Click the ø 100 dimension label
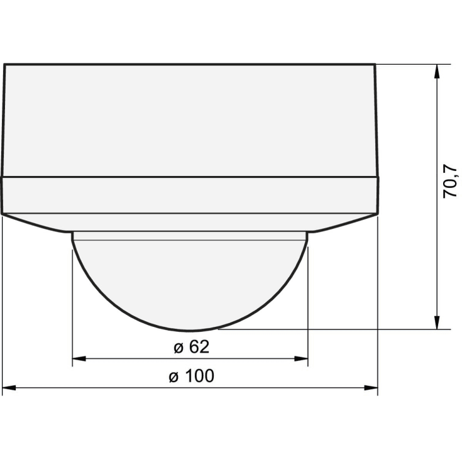pyautogui.click(x=191, y=376)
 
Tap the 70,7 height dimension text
pyautogui.click(x=449, y=181)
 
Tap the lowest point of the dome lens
pyautogui.click(x=190, y=329)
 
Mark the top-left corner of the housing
pyautogui.click(x=5, y=65)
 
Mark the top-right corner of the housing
pyautogui.click(x=375, y=65)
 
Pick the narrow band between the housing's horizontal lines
pyautogui.click(x=190, y=195)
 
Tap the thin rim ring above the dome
pyautogui.click(x=190, y=236)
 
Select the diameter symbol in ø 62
pyautogui.click(x=177, y=348)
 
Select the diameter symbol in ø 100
pyautogui.click(x=173, y=377)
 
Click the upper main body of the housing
pyautogui.click(x=190, y=119)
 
